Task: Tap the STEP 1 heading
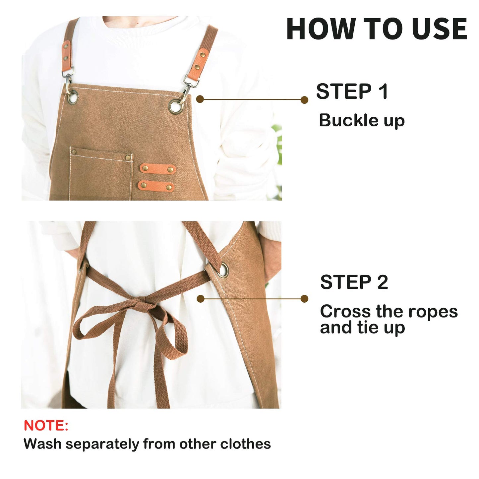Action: [x=352, y=91]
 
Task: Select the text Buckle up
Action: [x=362, y=121]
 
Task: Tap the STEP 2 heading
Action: [x=354, y=282]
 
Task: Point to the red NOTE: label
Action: [x=46, y=426]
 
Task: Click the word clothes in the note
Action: [x=245, y=444]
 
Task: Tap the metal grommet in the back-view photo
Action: [x=223, y=269]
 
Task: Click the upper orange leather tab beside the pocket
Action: [x=157, y=169]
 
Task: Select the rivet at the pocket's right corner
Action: [x=128, y=157]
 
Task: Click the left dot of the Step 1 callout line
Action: [x=200, y=99]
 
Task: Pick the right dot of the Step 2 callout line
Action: [x=304, y=299]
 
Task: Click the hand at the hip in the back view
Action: [x=270, y=259]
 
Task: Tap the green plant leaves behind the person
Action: [x=278, y=146]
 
